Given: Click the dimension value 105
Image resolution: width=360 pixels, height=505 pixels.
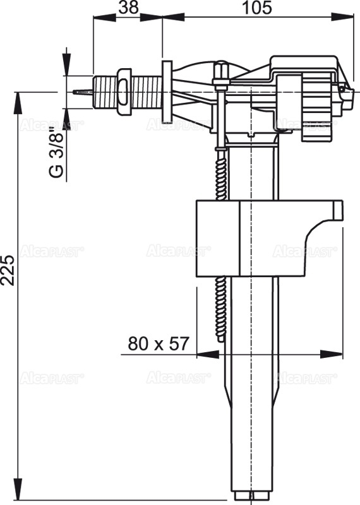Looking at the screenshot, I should point(256,8).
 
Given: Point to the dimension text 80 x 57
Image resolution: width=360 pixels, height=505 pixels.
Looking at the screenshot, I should point(159,344).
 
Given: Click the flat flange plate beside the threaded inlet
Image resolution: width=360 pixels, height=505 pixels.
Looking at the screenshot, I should point(167,92).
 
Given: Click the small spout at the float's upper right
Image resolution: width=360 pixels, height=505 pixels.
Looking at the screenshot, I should point(336,210).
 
